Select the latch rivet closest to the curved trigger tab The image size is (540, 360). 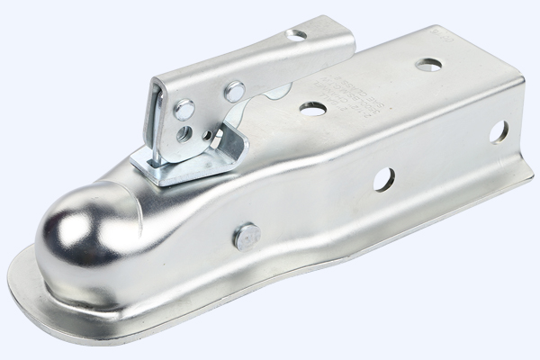pyautogui.click(x=236, y=90)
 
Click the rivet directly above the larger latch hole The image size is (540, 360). pyautogui.click(x=184, y=112)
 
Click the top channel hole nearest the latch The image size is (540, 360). pyautogui.click(x=313, y=108)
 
